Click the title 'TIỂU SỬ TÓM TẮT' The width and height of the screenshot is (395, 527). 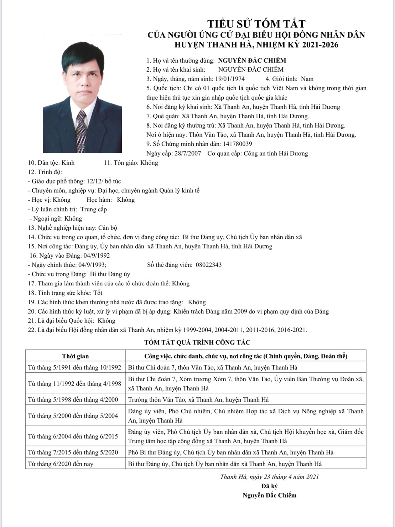(256, 24)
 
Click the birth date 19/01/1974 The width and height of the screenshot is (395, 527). (229, 79)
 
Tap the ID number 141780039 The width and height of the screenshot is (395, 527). (237, 144)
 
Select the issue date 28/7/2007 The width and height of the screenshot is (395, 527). (187, 154)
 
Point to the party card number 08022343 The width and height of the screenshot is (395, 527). (209, 265)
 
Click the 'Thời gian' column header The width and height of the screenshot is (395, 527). (76, 356)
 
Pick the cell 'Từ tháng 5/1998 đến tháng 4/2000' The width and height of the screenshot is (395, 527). (73, 399)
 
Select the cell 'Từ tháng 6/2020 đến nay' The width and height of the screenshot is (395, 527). (61, 464)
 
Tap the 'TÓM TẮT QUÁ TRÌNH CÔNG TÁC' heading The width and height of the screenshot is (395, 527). (197, 342)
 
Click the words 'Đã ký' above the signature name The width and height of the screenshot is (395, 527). (269, 486)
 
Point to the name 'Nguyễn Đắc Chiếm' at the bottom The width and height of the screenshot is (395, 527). (269, 495)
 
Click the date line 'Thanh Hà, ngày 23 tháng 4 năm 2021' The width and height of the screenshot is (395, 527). (269, 477)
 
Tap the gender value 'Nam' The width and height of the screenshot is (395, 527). (307, 79)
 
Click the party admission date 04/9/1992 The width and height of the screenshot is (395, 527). (96, 255)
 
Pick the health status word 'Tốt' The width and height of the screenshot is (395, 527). (98, 293)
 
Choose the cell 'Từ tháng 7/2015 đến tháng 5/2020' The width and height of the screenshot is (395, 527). (73, 453)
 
